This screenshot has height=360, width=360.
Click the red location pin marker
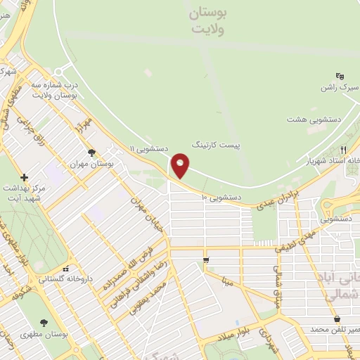pos(181,165)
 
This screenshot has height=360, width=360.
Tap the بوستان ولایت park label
pos(205,21)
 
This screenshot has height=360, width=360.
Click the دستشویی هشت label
pos(313,120)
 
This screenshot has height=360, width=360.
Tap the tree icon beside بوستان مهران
pos(91,152)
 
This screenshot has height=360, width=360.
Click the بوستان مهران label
pos(91,163)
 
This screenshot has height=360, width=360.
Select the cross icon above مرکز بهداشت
pos(25,177)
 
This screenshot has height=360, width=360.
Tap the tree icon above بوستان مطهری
pos(44,323)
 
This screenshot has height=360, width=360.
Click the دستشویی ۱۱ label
pos(148,148)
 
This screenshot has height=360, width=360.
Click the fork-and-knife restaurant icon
pos(344,150)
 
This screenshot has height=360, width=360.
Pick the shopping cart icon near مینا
pos(205,260)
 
